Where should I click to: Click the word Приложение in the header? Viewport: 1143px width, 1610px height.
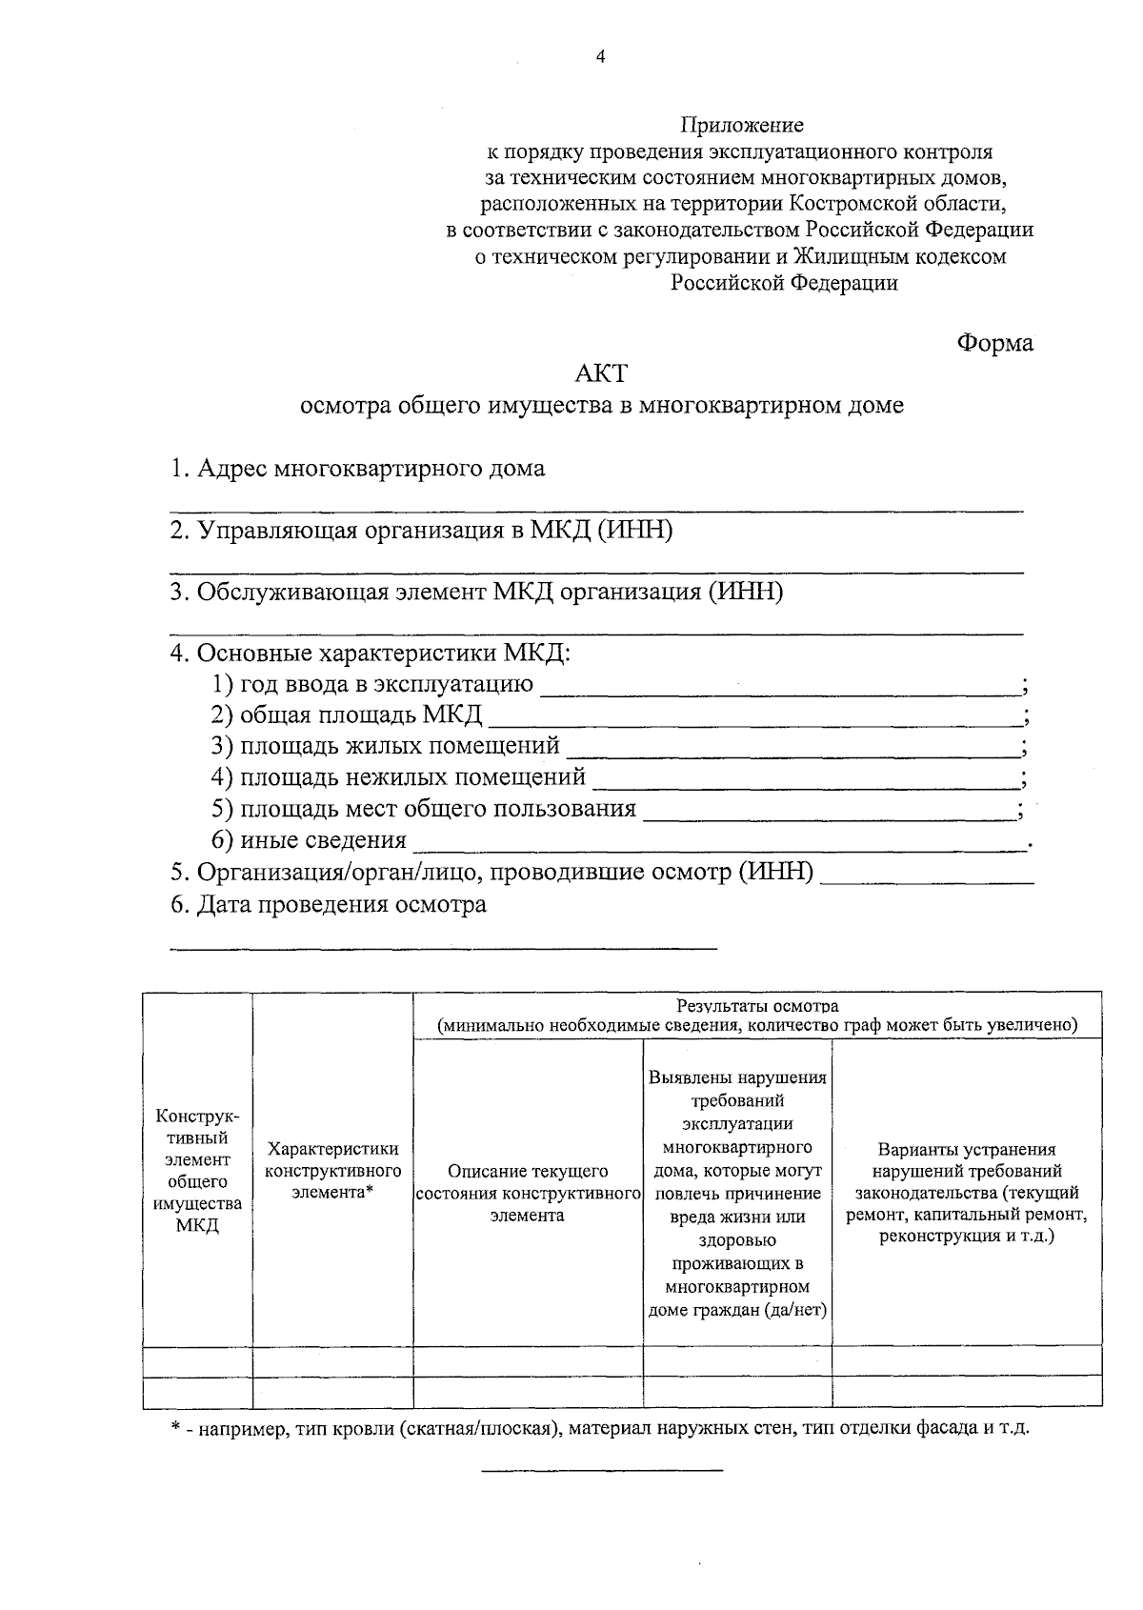[x=741, y=125]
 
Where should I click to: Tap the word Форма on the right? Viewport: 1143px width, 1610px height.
[x=994, y=343]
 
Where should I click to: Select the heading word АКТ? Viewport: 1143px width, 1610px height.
[x=602, y=373]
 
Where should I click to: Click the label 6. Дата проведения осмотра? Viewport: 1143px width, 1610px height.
[x=329, y=905]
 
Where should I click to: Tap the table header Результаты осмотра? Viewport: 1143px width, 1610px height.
[x=757, y=1007]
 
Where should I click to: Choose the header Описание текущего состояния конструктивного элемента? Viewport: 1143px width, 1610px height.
[x=528, y=1193]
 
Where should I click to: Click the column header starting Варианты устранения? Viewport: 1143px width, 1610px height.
[x=966, y=1193]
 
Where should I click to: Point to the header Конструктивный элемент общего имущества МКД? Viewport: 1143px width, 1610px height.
[x=197, y=1171]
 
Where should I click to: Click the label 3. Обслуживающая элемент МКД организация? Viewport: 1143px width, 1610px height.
[x=476, y=593]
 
